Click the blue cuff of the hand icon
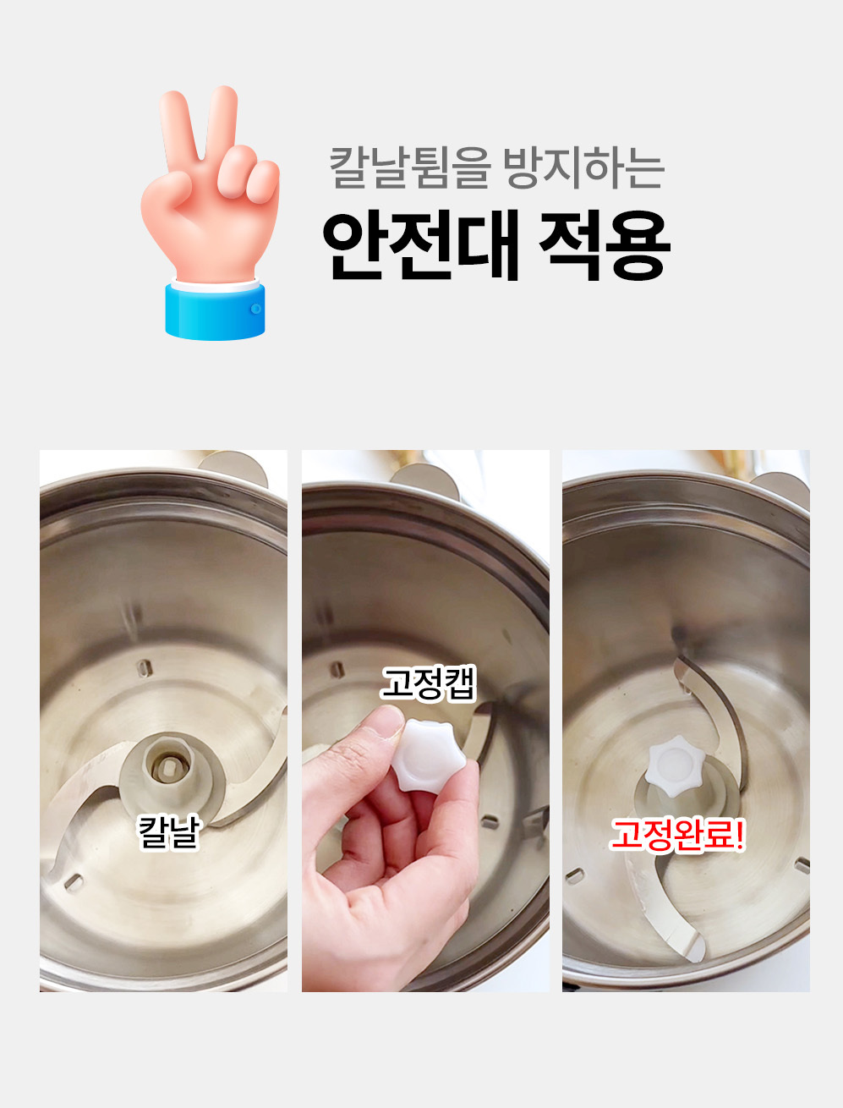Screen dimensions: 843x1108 tap(215, 310)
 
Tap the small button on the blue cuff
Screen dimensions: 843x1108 tap(256, 308)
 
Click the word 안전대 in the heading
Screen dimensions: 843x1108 tap(421, 244)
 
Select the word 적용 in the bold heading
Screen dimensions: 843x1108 tap(605, 244)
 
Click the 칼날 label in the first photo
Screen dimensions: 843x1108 tap(170, 832)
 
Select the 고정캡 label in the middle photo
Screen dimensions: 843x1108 tap(429, 683)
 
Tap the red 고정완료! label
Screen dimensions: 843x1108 tap(677, 835)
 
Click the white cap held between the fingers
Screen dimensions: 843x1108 tap(428, 753)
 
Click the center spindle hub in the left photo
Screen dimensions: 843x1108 tap(167, 766)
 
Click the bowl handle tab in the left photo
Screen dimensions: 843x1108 tap(234, 468)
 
